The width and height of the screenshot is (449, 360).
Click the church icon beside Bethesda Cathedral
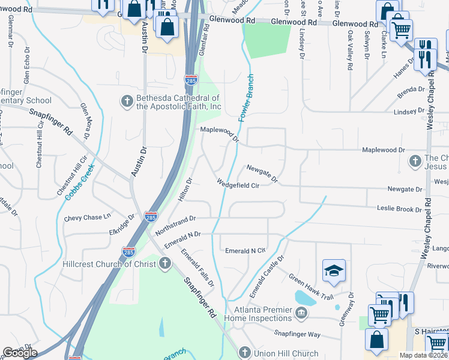point(127,101)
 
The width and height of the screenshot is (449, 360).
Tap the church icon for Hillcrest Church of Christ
point(165,264)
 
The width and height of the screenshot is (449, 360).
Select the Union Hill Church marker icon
point(244,353)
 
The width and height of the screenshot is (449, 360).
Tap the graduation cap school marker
point(334,271)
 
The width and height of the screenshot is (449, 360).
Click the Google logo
point(20,353)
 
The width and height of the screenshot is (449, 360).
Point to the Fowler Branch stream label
point(246,98)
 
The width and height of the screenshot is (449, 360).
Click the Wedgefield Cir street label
point(238,185)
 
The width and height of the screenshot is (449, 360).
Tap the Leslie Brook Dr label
point(400,209)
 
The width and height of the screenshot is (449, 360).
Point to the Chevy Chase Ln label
point(88,217)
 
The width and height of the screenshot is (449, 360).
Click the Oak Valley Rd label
point(349,46)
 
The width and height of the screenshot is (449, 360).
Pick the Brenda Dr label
point(411,93)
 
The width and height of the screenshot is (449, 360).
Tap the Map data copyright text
point(423,355)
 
